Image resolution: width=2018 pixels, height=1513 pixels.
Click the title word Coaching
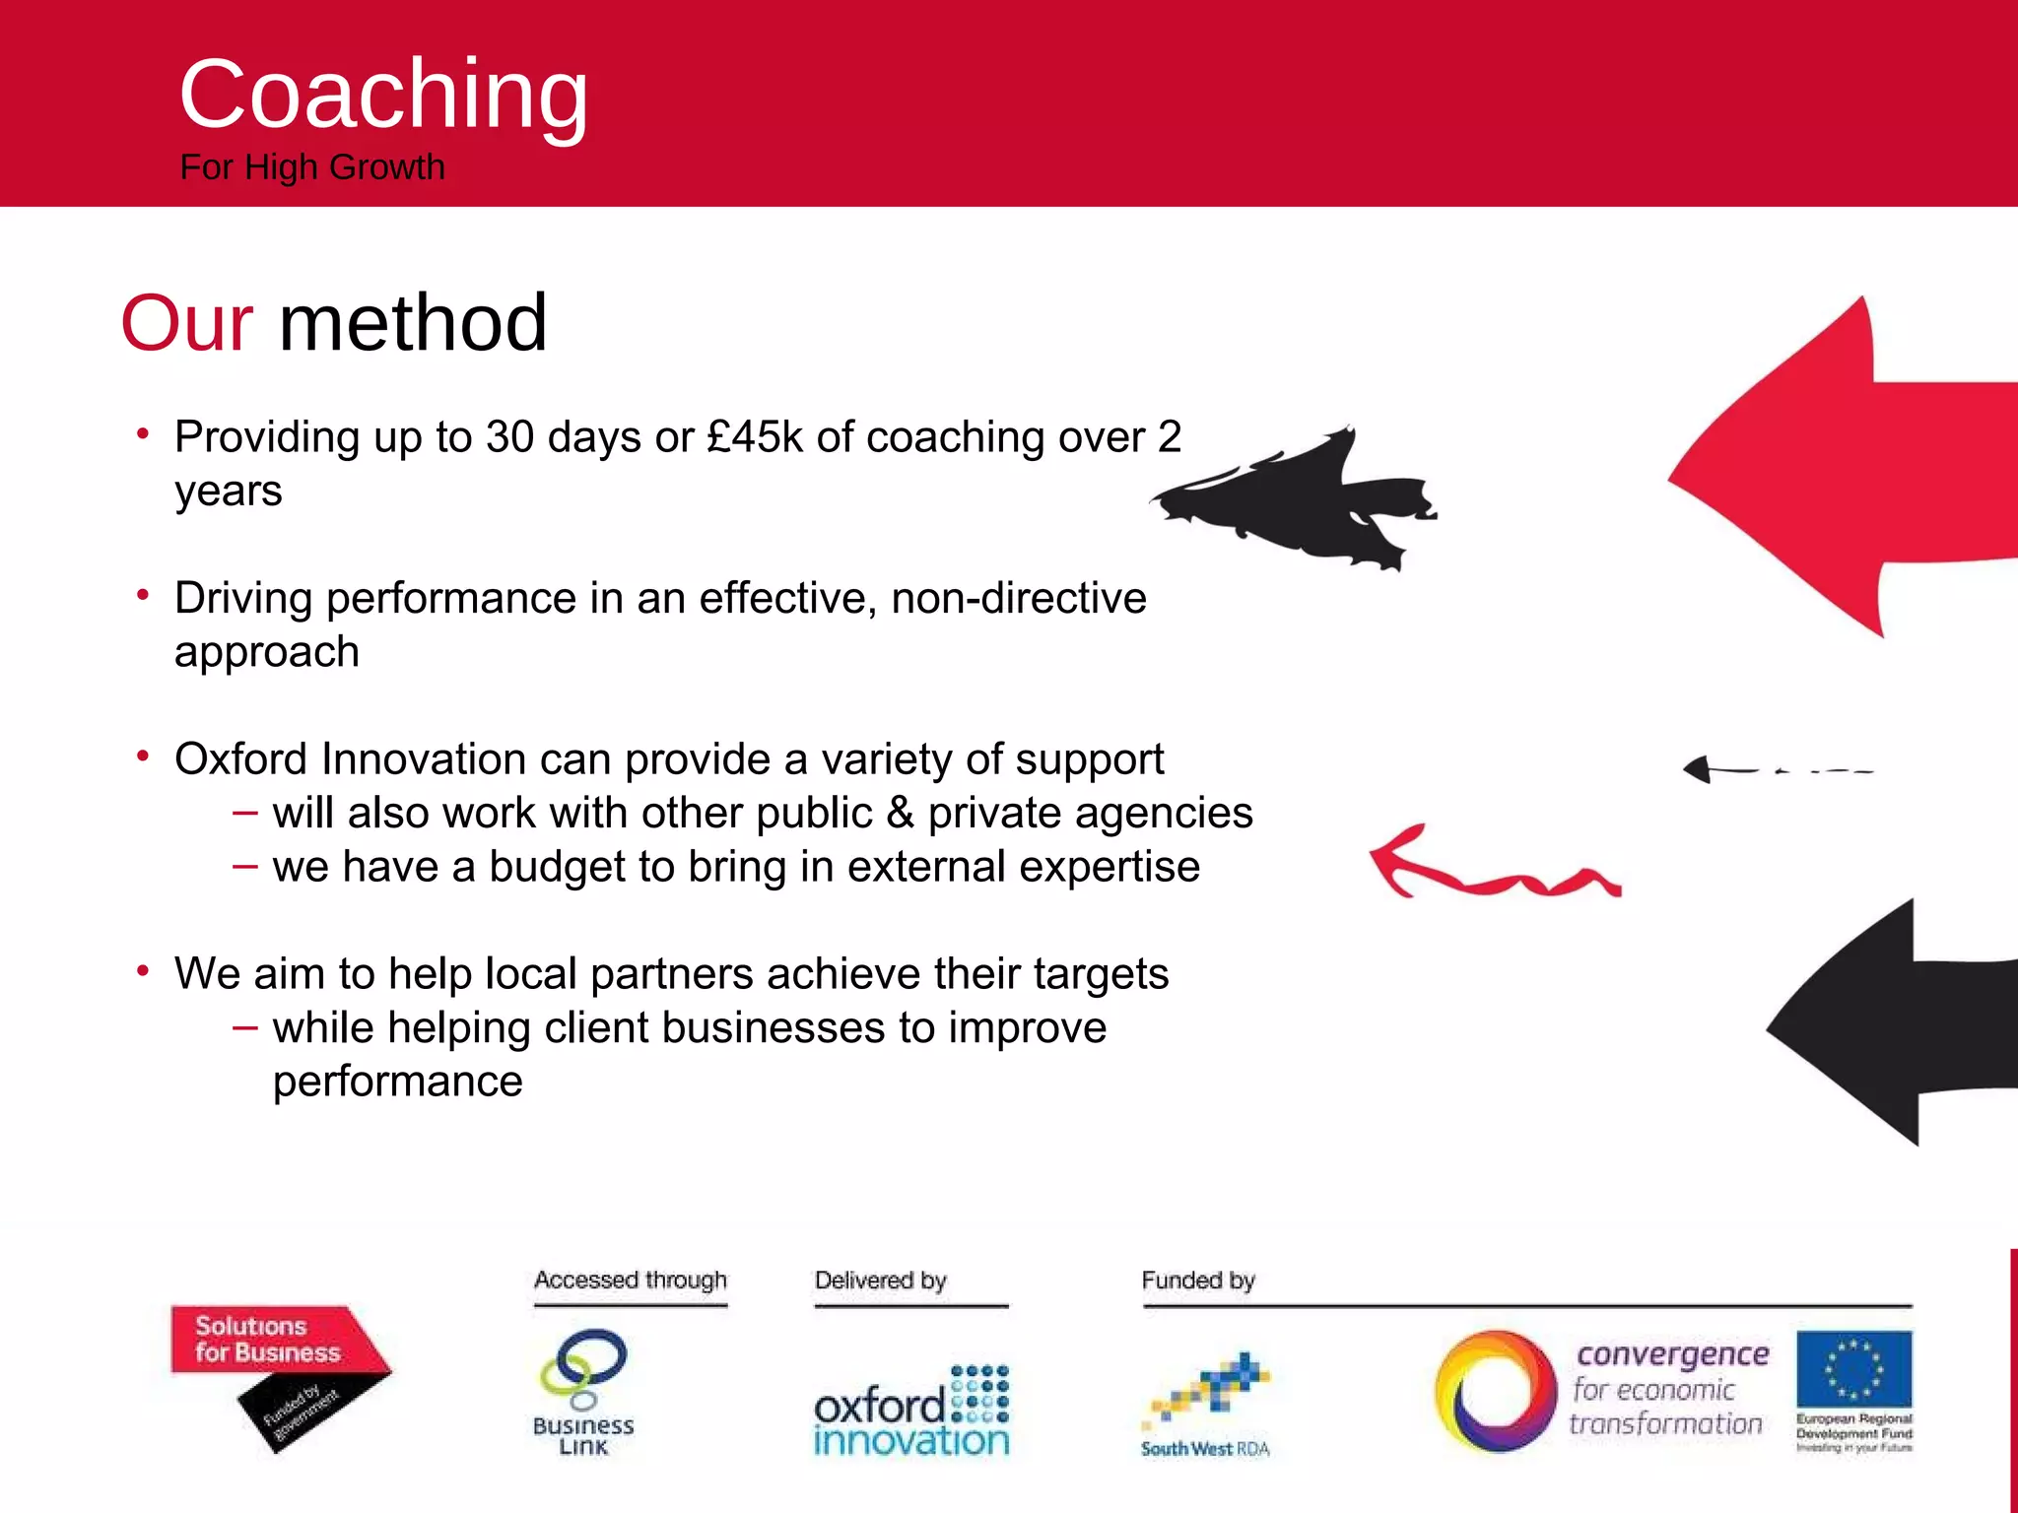coord(383,95)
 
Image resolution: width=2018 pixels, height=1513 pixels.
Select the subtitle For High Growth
coord(312,167)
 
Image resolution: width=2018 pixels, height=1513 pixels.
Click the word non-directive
coord(1019,598)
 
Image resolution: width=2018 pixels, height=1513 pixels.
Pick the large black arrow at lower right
coord(1892,1024)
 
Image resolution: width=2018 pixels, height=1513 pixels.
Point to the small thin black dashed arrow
coord(1774,769)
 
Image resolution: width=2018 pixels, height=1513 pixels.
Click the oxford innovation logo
coord(911,1414)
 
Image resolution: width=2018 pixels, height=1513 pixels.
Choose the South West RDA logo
coord(1206,1404)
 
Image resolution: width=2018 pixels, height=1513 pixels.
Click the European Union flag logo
coord(1853,1370)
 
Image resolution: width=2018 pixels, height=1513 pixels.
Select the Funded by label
coord(1197,1281)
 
